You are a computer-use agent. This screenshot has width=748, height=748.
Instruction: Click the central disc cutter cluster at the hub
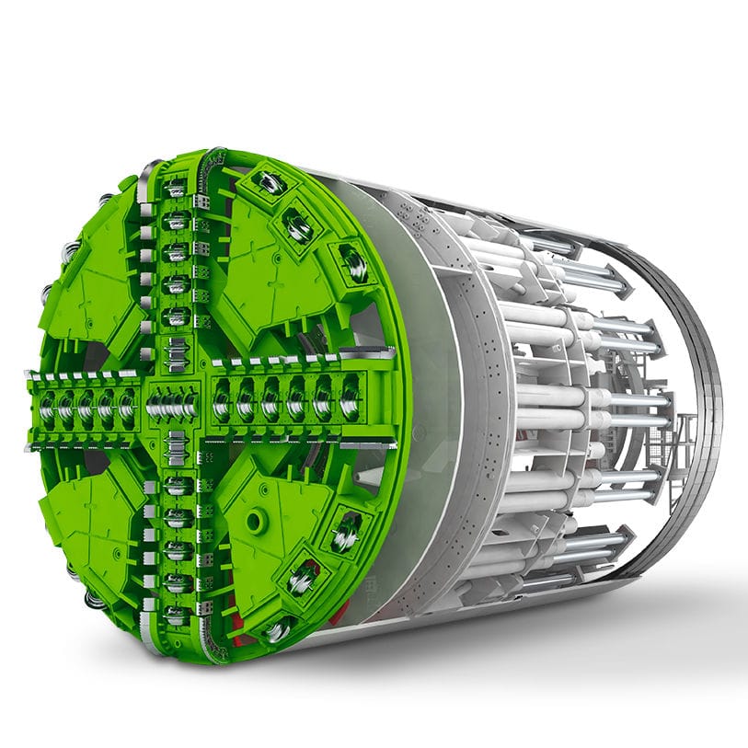pos(173,402)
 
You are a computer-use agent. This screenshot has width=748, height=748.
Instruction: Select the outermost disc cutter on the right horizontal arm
pos(350,400)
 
